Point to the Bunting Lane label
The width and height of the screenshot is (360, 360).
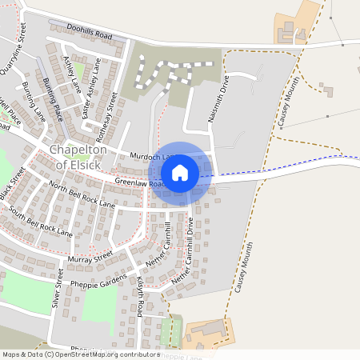(x=34, y=100)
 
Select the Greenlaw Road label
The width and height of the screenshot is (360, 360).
(x=140, y=183)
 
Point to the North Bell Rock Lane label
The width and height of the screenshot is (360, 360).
(x=82, y=195)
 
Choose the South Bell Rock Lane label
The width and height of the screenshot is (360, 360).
(x=41, y=222)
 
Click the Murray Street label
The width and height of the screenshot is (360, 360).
(x=90, y=258)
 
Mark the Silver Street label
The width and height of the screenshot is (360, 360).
(x=57, y=289)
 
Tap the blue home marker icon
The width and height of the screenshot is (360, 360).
(x=180, y=172)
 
